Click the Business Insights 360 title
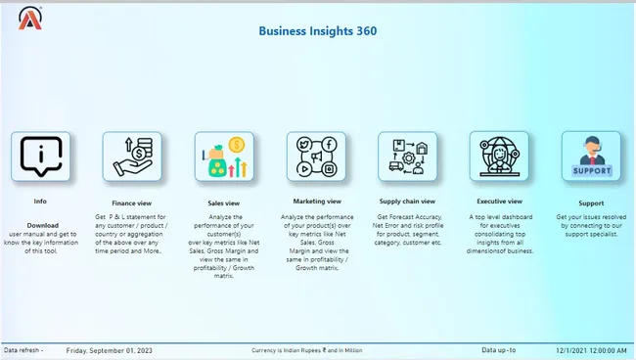(x=318, y=30)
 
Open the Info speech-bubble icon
(x=40, y=156)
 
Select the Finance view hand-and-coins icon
(x=132, y=156)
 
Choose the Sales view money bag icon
(x=224, y=157)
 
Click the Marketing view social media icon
(x=315, y=156)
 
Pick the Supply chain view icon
(x=407, y=156)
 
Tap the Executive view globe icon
(x=499, y=156)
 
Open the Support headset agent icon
(x=591, y=156)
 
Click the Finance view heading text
(x=131, y=202)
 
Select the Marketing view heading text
(x=315, y=201)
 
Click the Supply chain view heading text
(x=407, y=202)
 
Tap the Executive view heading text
(x=499, y=201)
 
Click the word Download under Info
(x=42, y=225)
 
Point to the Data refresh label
(x=23, y=349)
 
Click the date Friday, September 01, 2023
(x=110, y=349)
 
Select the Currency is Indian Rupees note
(x=306, y=349)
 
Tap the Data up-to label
(x=498, y=349)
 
